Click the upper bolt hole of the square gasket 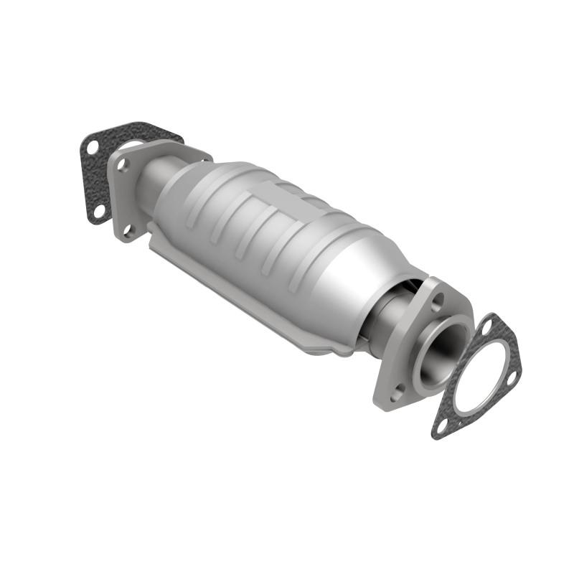click(92, 147)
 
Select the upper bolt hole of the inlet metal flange click(123, 164)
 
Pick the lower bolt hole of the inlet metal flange click(129, 230)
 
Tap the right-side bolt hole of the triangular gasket click(512, 377)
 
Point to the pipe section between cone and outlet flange click(387, 316)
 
